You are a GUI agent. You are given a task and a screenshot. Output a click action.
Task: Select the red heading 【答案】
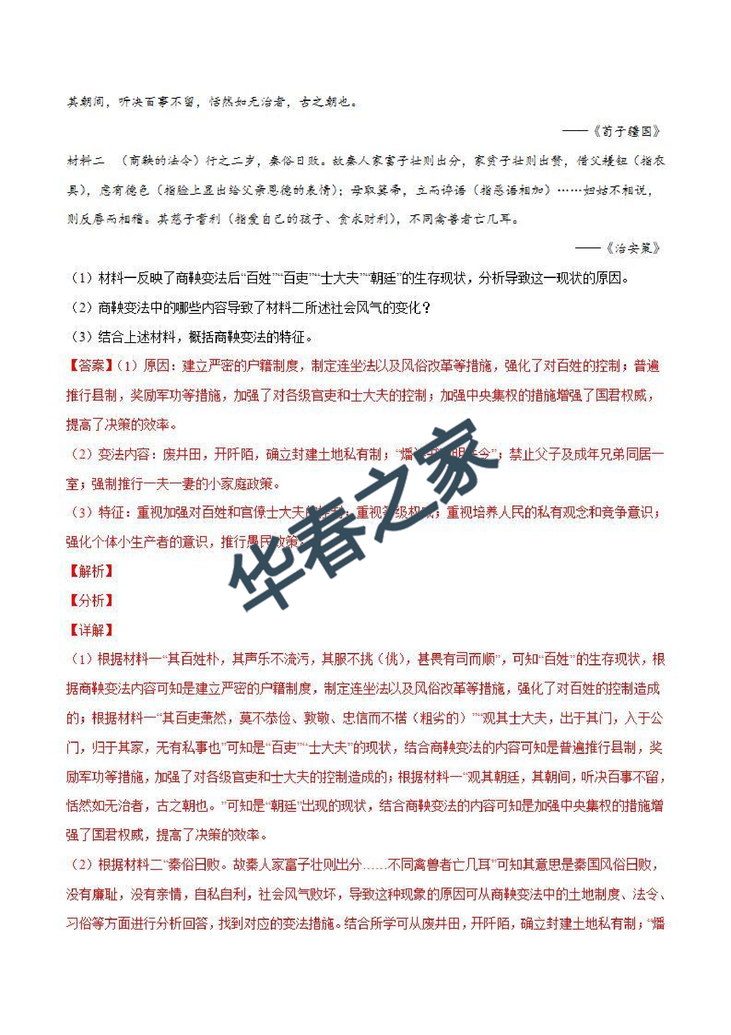tap(91, 366)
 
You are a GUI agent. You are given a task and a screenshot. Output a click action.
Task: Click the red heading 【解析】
tap(91, 571)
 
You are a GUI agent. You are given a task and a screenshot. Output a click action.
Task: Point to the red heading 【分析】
tap(91, 600)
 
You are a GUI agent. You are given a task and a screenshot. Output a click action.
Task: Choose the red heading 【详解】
tap(91, 630)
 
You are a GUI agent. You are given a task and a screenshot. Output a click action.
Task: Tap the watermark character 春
tap(334, 527)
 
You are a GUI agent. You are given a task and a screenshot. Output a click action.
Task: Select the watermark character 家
tap(450, 455)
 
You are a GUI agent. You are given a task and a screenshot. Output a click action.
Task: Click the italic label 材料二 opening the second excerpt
tap(86, 161)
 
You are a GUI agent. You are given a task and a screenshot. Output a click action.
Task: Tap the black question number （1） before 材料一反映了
tap(82, 278)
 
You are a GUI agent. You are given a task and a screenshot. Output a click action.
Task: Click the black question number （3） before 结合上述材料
tap(82, 337)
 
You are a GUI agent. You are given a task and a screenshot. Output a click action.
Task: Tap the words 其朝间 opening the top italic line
tap(86, 102)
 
